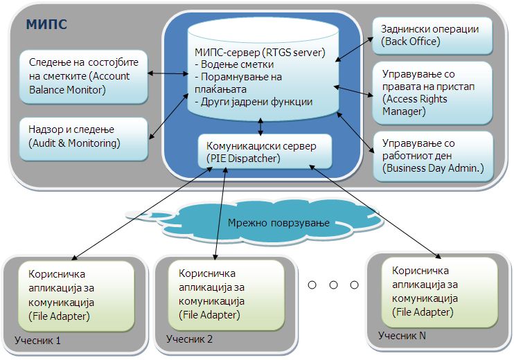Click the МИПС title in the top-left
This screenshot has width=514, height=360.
46,24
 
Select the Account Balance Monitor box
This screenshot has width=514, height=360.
84,77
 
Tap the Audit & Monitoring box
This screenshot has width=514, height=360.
84,139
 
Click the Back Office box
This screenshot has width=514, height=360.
432,35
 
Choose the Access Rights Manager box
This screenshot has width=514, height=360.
432,93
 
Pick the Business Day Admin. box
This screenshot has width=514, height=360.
433,156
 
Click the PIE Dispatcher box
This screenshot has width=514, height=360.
265,152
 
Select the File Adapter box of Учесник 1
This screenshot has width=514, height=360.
76,296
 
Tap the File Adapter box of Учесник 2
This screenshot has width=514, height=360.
227,295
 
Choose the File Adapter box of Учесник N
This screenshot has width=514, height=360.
440,292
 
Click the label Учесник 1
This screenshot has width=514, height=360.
37,341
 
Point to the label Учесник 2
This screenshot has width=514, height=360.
189,339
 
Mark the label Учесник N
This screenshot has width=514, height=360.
402,336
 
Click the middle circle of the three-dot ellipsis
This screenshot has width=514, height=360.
333,285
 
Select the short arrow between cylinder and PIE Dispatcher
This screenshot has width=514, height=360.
260,127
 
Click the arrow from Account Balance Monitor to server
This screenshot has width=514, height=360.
168,73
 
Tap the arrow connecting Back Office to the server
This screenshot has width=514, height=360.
354,49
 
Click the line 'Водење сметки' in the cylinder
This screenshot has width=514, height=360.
234,64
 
